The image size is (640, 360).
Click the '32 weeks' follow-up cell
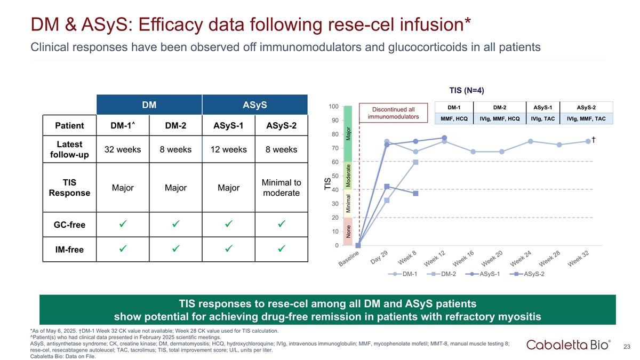[x=123, y=149]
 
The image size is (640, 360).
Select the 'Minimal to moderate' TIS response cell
[x=282, y=188]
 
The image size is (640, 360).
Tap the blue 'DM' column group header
[x=149, y=105]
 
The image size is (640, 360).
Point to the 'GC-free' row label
[x=70, y=225]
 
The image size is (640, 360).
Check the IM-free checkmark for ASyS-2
[x=282, y=249]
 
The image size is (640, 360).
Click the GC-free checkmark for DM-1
[x=123, y=225]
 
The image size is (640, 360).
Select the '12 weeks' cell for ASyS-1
[x=228, y=149]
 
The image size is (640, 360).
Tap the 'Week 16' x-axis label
[x=462, y=259]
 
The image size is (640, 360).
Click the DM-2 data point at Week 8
[x=415, y=162]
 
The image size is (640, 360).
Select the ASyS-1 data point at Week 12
[x=444, y=138]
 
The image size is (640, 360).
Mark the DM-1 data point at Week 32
[x=588, y=141]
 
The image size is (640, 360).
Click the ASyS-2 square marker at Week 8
[x=415, y=194]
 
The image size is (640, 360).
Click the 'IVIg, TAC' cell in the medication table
[x=542, y=119]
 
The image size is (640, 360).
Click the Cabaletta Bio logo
[x=569, y=345]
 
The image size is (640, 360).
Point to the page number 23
[x=627, y=347]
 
